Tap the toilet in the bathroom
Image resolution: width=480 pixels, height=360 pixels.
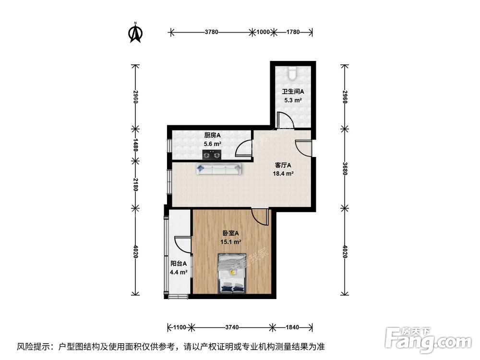293,73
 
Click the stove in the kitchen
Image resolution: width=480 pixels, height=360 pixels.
212,155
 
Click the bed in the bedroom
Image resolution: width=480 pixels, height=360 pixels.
232,273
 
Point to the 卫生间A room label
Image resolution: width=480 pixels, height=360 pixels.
293,92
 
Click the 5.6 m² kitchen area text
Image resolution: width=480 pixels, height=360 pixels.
212,144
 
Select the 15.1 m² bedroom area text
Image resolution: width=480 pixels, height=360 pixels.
230,242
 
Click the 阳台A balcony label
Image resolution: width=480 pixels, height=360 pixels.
178,263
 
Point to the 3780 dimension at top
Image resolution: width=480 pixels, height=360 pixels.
212,33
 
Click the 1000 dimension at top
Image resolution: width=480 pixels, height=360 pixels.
263,33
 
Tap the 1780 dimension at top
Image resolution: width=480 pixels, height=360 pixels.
293,33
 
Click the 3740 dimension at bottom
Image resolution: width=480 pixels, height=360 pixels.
232,327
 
